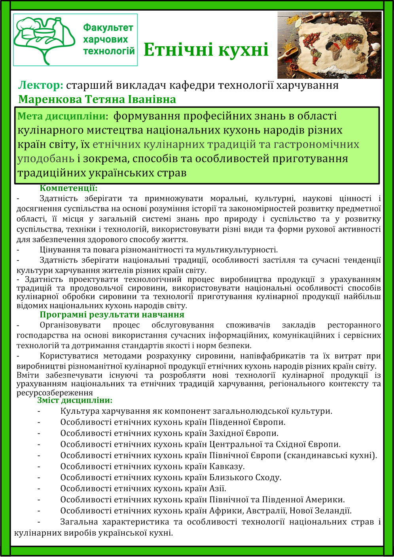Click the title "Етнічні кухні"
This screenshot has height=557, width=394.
click(x=206, y=50)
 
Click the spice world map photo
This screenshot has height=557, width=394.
click(x=329, y=45)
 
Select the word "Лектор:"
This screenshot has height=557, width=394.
click(x=41, y=85)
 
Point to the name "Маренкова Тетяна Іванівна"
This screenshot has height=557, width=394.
click(x=97, y=99)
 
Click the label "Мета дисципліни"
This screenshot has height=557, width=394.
click(x=62, y=116)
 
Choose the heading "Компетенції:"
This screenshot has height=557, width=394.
click(x=68, y=188)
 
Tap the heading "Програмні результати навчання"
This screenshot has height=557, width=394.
click(x=112, y=315)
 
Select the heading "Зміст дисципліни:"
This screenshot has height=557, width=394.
click(x=75, y=400)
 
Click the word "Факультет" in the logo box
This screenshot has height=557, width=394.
click(x=108, y=28)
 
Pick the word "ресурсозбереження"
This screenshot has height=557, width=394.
click(x=55, y=393)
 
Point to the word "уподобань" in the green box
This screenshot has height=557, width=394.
click(x=46, y=159)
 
